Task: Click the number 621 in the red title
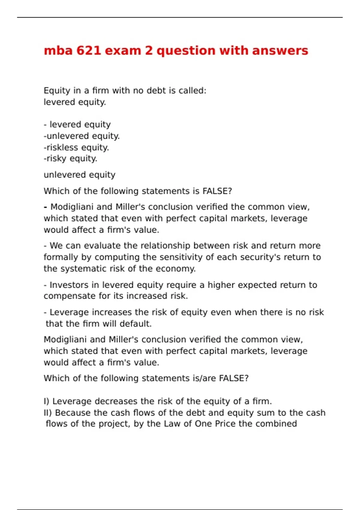point(88,50)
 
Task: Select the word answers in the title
point(280,50)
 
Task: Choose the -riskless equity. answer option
point(76,147)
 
